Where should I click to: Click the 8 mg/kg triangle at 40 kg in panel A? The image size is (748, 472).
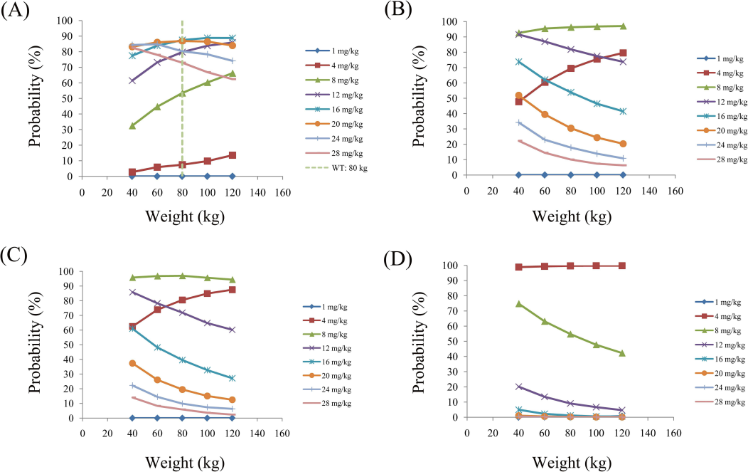[132, 125]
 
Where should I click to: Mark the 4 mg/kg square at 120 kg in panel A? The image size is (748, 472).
[233, 155]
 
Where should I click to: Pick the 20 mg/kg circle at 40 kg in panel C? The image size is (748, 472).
[132, 363]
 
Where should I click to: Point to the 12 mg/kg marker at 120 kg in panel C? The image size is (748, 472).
[233, 330]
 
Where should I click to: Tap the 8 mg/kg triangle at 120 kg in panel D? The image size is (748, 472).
[623, 353]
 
